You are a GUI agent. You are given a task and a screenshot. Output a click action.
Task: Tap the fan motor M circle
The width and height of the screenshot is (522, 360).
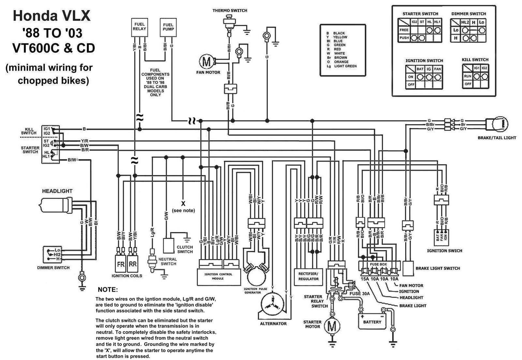[x=207, y=61]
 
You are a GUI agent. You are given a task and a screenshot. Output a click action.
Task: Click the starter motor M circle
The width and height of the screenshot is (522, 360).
[x=332, y=326]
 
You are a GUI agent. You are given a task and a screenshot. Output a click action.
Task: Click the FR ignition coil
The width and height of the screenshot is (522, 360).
[x=121, y=264]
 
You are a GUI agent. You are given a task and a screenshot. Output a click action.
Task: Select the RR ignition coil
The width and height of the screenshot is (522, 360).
[x=132, y=264]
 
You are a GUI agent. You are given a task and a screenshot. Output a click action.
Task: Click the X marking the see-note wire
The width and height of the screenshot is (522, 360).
[x=183, y=204]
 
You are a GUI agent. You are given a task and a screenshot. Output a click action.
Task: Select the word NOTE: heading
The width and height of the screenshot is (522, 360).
[x=108, y=290]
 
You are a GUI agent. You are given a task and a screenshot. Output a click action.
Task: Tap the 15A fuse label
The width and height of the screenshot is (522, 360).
[x=364, y=279]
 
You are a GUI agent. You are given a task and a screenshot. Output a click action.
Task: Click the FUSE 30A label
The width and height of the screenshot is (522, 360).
[x=360, y=293]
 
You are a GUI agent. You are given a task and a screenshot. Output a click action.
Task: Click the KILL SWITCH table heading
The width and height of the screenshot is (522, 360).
[x=475, y=60]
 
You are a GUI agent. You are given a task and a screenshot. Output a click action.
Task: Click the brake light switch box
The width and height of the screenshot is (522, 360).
[x=408, y=268]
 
